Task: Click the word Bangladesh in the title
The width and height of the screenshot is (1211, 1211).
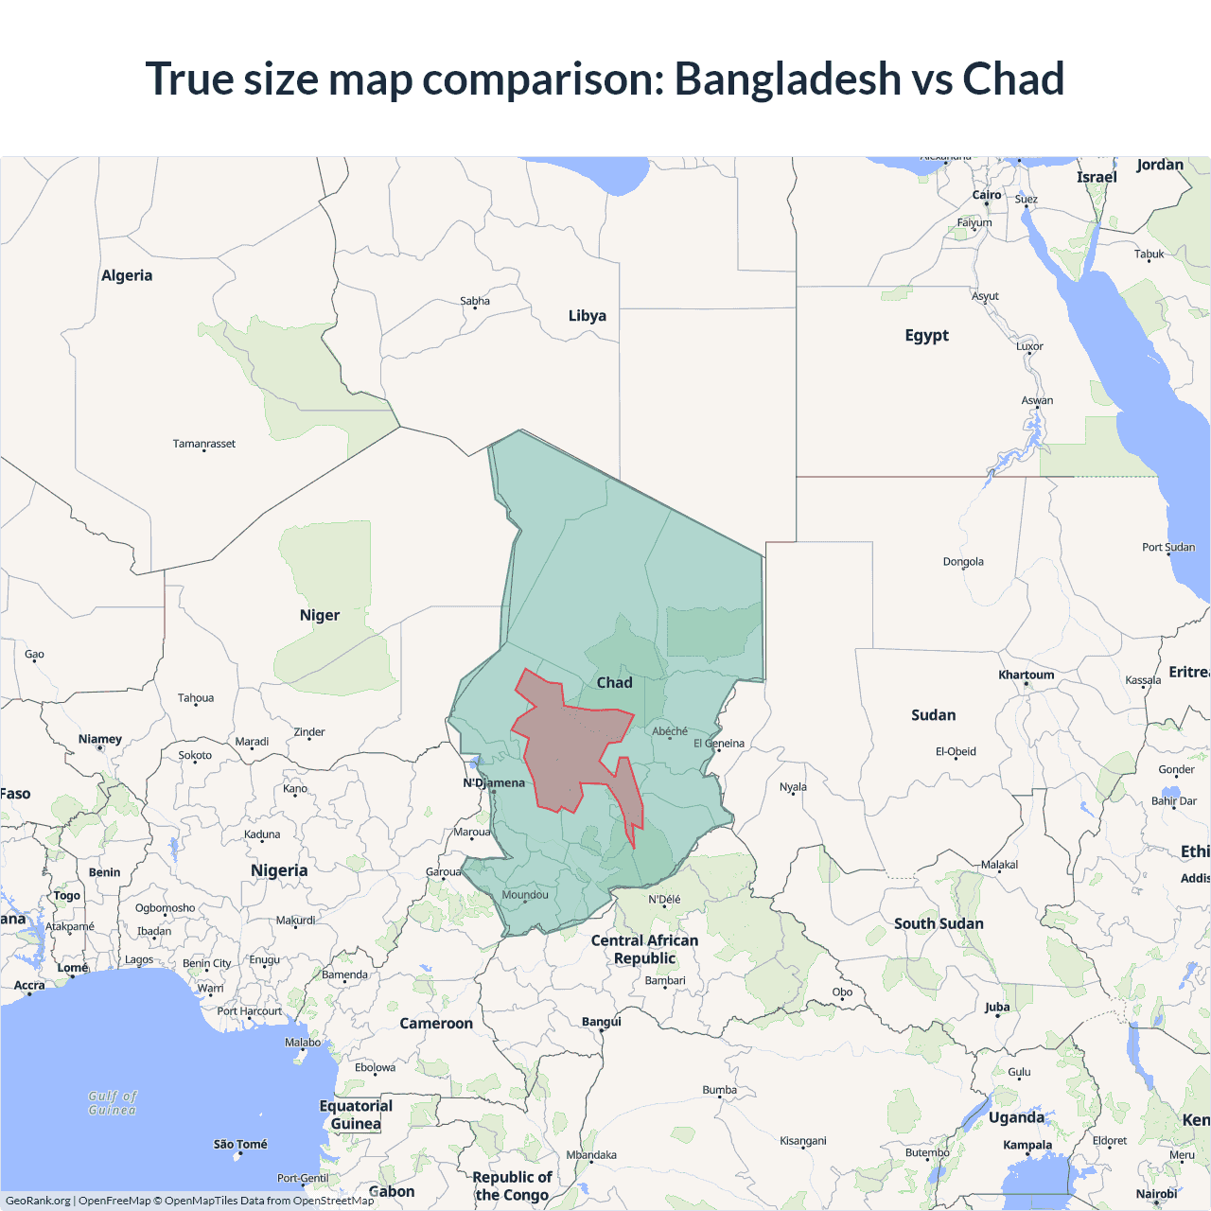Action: tap(787, 79)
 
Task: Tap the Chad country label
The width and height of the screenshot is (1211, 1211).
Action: tap(614, 683)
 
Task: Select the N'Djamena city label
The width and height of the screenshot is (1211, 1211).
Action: tap(494, 783)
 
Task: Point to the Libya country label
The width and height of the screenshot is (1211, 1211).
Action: tap(587, 316)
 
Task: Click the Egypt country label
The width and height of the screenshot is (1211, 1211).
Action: tap(926, 335)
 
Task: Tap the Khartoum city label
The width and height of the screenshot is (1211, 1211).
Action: tap(1026, 675)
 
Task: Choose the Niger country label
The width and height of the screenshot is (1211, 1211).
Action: tap(320, 615)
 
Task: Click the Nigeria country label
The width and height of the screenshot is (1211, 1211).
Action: tap(279, 870)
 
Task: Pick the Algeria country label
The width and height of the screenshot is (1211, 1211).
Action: tap(127, 275)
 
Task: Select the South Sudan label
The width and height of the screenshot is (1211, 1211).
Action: tap(939, 923)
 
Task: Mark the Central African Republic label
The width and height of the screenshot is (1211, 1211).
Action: tap(644, 949)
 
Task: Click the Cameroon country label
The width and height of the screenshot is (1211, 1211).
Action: tap(436, 1024)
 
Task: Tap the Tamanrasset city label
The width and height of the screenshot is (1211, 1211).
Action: tap(204, 444)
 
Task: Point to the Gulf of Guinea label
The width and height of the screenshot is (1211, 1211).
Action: tap(113, 1103)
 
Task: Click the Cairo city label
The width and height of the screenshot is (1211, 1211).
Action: tap(987, 195)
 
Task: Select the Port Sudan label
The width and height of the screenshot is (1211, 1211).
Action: tap(1167, 547)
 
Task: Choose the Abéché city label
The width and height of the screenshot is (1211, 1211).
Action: tap(670, 731)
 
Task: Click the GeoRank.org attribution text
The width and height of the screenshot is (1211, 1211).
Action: tap(38, 1201)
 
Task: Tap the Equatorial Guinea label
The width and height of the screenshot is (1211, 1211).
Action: tap(356, 1114)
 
